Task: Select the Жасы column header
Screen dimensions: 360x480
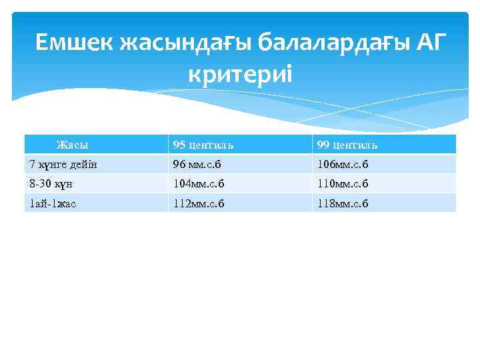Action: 73,145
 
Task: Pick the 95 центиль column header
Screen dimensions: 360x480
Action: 203,145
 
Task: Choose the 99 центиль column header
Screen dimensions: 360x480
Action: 347,145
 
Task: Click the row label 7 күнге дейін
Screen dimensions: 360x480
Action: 59,164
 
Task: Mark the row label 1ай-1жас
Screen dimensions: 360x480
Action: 52,203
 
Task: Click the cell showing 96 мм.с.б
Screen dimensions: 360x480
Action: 199,164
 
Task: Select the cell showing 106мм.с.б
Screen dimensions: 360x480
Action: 343,164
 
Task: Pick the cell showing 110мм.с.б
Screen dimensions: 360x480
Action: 343,184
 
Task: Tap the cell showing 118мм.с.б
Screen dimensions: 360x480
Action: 343,203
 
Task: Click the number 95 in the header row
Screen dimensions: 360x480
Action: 179,145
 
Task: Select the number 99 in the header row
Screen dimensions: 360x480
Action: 323,145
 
